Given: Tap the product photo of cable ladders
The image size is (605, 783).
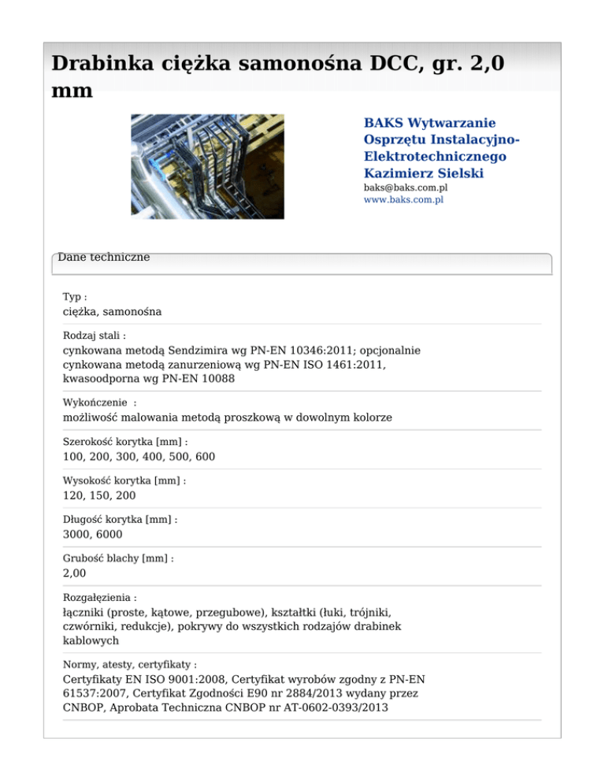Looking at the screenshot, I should (207, 166).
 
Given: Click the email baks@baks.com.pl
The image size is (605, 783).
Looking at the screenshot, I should (406, 188).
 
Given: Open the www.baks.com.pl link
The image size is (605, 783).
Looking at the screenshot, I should (403, 200).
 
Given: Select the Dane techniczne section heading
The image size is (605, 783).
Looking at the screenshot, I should (104, 257).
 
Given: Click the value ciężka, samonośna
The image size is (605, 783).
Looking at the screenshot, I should (112, 311).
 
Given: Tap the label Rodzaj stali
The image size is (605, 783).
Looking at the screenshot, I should (92, 336).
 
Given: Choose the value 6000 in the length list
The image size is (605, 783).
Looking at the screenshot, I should (107, 534).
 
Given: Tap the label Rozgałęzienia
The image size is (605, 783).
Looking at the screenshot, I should (99, 598).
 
